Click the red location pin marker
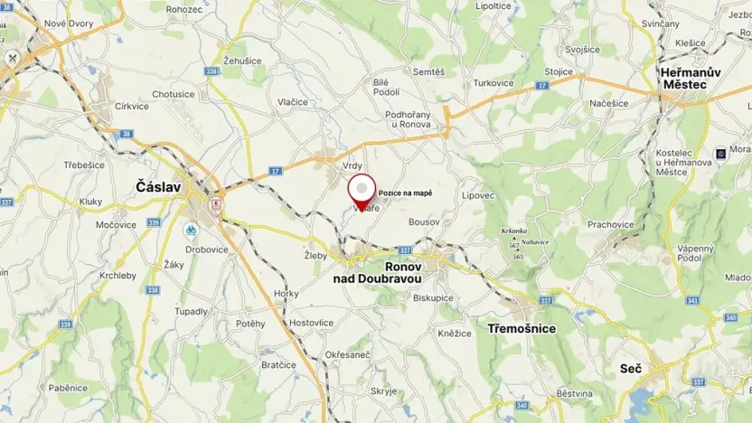[x=362, y=191]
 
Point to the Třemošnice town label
[x=521, y=328]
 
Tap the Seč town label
[x=631, y=369]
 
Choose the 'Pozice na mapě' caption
[x=405, y=193]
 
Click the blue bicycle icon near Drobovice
[x=192, y=230]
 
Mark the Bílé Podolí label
[x=387, y=87]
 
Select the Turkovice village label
[x=493, y=83]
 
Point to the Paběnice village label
[x=68, y=388]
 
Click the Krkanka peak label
[x=514, y=230]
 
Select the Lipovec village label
[x=478, y=195]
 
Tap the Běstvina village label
[x=574, y=393]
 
